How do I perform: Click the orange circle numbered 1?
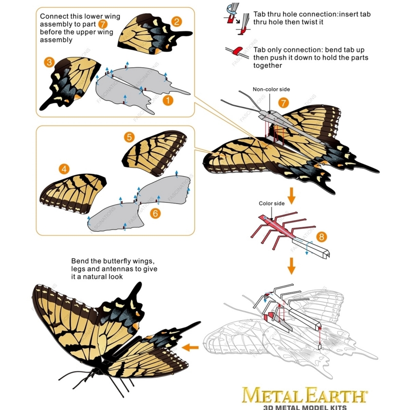[168, 100]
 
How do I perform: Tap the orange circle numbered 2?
[176, 22]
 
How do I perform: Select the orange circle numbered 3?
[49, 62]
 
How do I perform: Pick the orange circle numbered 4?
[64, 169]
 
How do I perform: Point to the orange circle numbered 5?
[129, 137]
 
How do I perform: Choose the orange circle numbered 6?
[155, 213]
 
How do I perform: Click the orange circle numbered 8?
[321, 237]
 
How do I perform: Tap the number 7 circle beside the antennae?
[283, 103]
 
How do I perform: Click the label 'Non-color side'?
[271, 90]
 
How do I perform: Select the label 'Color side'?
[272, 204]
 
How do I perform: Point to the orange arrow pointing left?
[190, 348]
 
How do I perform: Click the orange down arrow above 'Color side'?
[291, 196]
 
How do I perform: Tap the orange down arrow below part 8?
[291, 266]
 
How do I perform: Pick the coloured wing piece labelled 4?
[72, 192]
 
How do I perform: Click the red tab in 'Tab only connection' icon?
[238, 51]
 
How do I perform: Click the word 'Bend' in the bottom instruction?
[80, 261]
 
